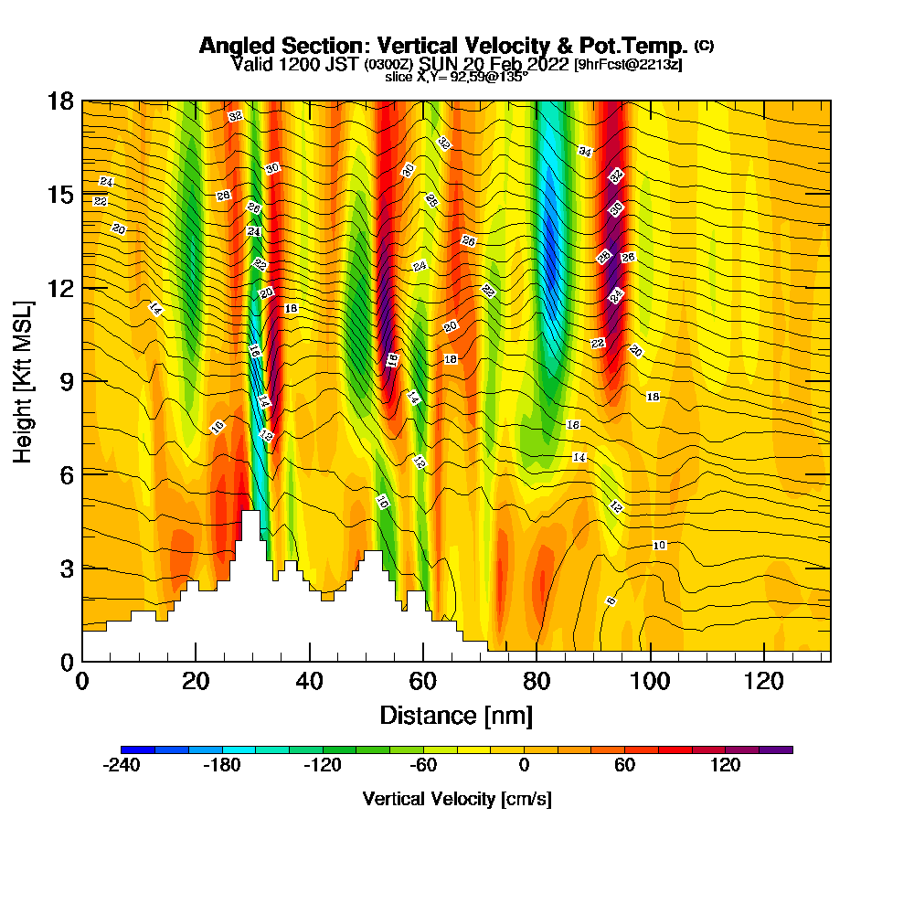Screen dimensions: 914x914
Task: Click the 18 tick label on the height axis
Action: [x=59, y=101]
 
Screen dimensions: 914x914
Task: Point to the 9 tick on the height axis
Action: [x=82, y=380]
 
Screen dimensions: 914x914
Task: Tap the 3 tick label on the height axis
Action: [x=66, y=568]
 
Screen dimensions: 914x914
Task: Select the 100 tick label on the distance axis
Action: [x=650, y=681]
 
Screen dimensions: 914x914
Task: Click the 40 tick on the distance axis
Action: [x=310, y=660]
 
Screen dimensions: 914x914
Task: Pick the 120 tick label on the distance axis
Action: [x=763, y=681]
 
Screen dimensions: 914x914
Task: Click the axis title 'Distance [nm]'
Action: [x=456, y=715]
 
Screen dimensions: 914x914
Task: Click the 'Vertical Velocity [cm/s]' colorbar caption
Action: [x=457, y=799]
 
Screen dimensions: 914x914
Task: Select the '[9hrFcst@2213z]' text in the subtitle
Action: [x=627, y=65]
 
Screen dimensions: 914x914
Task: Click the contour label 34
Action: [x=585, y=151]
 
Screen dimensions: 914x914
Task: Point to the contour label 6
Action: [x=611, y=600]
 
